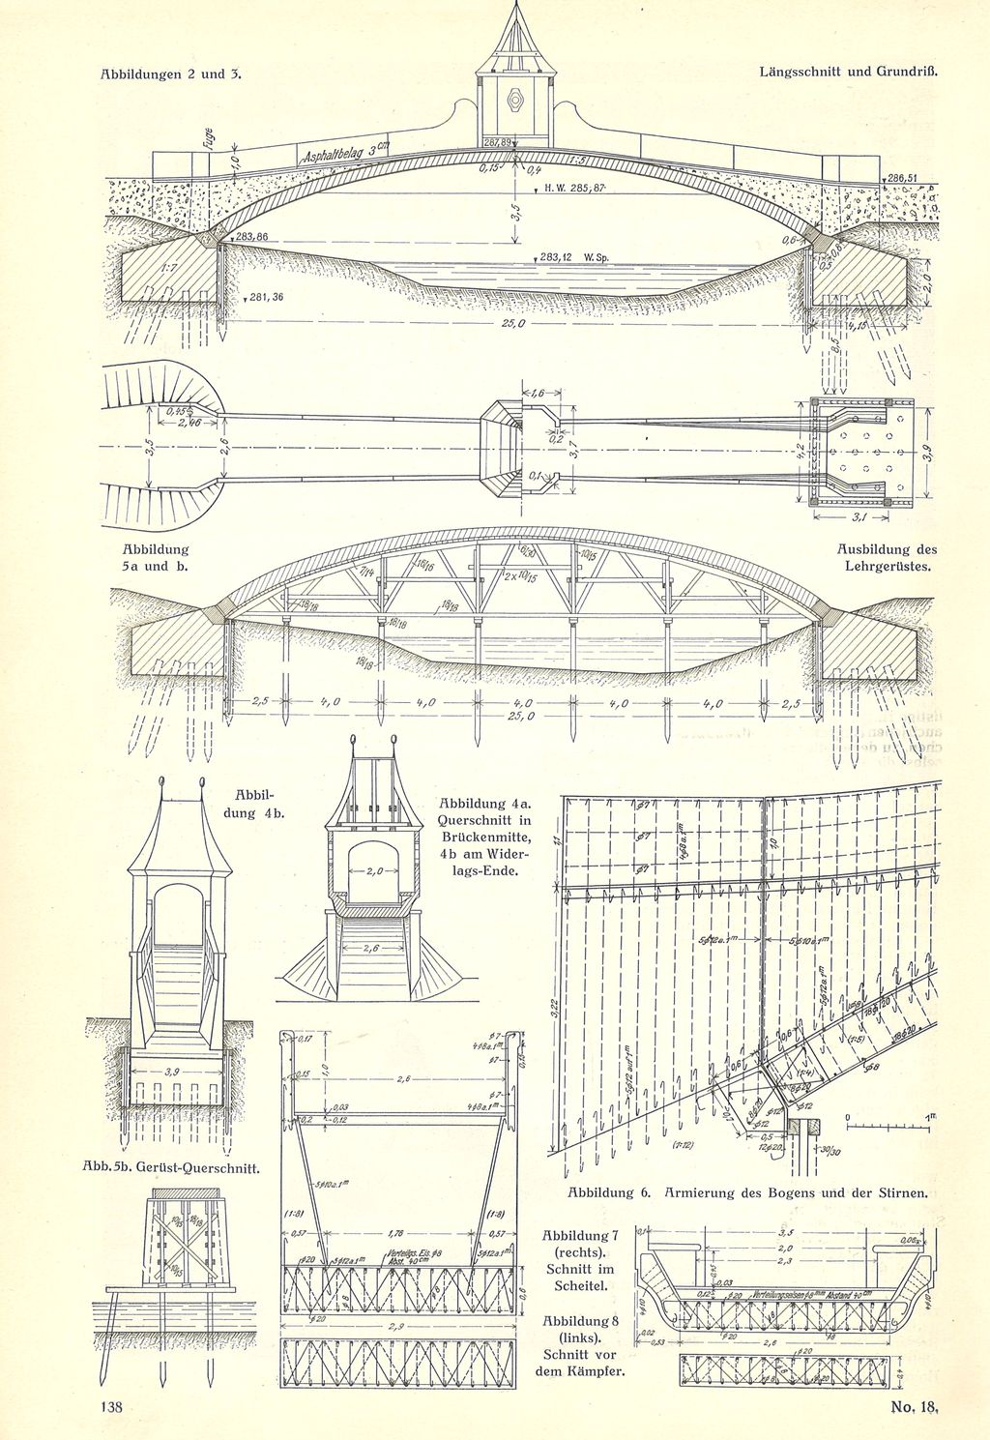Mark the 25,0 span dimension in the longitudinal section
(512, 324)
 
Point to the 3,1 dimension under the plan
(858, 520)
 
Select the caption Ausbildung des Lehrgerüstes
(886, 558)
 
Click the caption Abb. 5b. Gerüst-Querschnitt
(181, 1168)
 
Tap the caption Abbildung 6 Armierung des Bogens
(747, 1192)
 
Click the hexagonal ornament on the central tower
(513, 99)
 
